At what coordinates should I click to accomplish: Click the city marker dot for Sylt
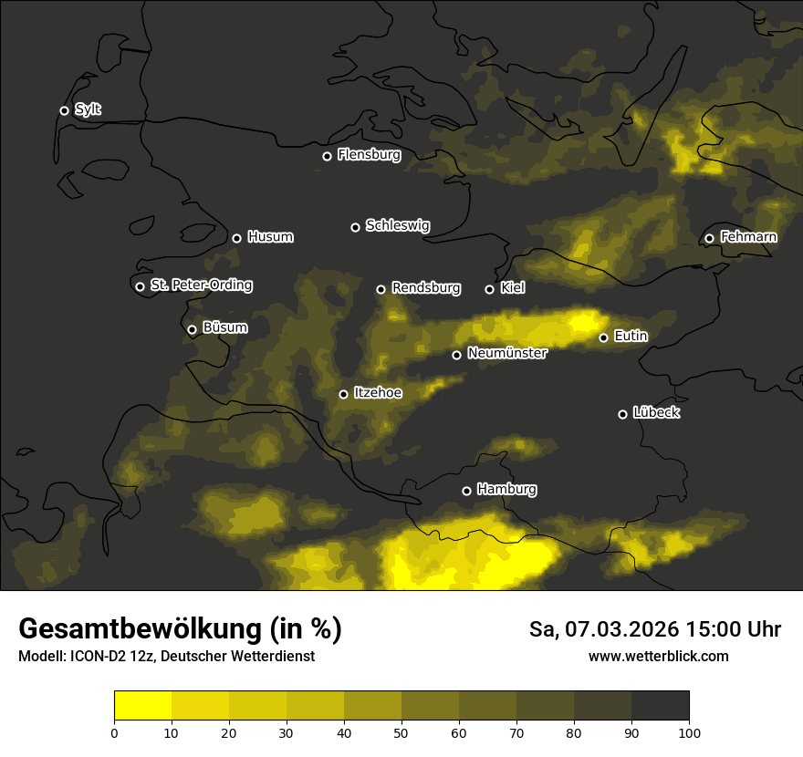coord(64,110)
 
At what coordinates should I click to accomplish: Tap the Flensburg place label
coord(369,155)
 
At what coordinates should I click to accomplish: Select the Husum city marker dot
coord(236,238)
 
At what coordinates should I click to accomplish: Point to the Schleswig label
coord(397,225)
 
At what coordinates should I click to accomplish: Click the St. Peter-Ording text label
coord(201,285)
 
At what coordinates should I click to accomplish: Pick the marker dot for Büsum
coord(192,330)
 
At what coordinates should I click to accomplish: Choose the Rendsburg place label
coord(425,288)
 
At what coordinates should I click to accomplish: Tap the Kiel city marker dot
coord(489,289)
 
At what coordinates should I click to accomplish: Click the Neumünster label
coord(506,353)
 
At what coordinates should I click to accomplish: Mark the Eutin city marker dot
coord(603,337)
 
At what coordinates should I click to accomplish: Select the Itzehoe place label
coord(378,393)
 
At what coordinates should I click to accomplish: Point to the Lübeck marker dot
coord(622,414)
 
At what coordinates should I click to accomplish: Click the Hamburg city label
coord(506,490)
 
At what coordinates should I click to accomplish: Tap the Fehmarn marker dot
coord(709,238)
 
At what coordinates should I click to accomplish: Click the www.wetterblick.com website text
coord(658,657)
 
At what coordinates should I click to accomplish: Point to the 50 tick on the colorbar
coord(401,731)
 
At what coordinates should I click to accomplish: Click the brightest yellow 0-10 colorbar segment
coord(142,705)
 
